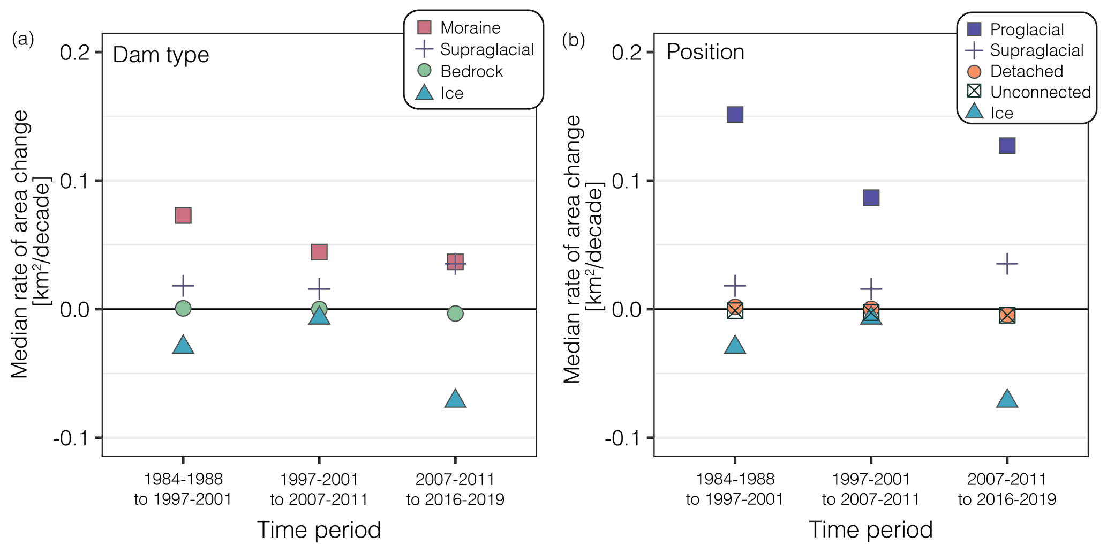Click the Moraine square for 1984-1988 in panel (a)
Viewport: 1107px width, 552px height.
[x=183, y=216]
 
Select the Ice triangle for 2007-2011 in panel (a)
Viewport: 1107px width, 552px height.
[x=455, y=399]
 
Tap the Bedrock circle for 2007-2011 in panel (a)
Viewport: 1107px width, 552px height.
[x=455, y=314]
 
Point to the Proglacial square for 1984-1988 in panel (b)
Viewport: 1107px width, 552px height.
[x=735, y=115]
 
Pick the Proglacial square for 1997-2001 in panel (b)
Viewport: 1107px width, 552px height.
[x=871, y=198]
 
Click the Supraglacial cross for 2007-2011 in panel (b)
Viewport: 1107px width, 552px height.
[x=1007, y=264]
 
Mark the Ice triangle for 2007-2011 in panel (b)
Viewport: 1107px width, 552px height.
[x=1007, y=399]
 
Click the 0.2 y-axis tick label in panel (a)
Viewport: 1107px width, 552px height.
[x=74, y=53]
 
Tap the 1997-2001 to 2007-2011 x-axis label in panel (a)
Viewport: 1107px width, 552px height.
[x=319, y=489]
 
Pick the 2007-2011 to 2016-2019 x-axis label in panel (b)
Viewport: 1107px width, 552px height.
[x=1007, y=489]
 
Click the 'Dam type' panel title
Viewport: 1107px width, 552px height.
[x=161, y=55]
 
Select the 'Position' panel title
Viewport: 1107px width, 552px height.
[x=705, y=53]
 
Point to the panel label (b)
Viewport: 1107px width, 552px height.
[x=573, y=40]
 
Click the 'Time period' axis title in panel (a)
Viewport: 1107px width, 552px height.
[x=319, y=529]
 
